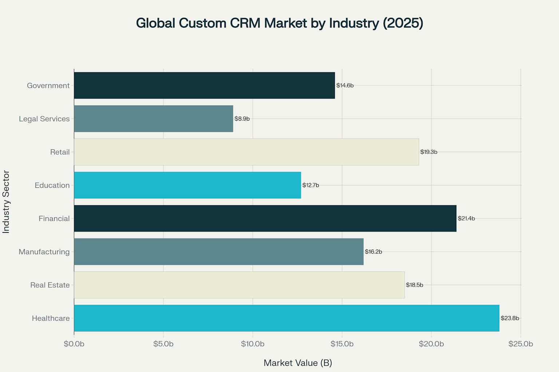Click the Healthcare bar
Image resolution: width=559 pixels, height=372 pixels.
point(286,318)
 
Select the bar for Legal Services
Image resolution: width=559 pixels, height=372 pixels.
point(153,119)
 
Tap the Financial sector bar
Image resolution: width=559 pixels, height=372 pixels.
point(265,218)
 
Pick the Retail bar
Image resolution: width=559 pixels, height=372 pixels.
point(246,152)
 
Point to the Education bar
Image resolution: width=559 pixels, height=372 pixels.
point(187,185)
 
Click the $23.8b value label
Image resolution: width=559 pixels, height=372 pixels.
point(510,318)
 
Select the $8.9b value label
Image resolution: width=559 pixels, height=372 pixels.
point(242,119)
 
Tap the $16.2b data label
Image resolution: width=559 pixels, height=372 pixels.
point(373,252)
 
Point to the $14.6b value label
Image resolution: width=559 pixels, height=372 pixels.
point(345,85)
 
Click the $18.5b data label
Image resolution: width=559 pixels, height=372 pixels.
point(415,285)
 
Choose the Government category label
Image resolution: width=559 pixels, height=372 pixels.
point(48,85)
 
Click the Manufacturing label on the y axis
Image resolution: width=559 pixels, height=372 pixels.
point(44,252)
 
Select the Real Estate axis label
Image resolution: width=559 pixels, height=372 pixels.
point(50,285)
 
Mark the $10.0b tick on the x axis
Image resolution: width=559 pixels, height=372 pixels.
point(253,344)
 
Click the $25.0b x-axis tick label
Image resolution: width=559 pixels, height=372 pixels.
point(520,344)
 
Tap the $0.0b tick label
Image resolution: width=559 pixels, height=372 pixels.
point(74,344)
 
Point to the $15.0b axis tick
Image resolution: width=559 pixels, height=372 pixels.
point(342,344)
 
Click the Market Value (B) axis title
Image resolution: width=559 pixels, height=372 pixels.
point(298,363)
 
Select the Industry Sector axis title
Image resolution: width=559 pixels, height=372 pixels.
point(6,202)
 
